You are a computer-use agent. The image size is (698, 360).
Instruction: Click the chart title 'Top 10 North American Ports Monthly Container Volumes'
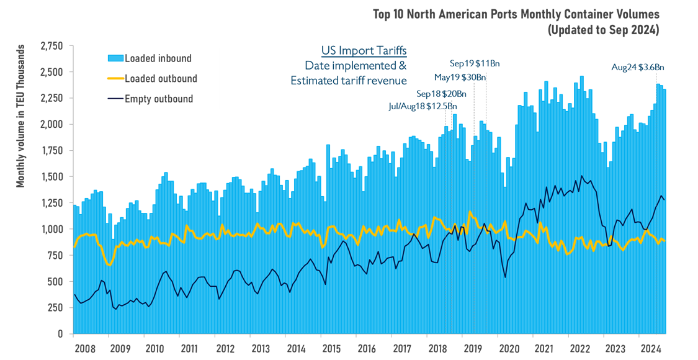tap(516, 14)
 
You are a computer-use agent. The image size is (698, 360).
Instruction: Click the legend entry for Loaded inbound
tap(158, 58)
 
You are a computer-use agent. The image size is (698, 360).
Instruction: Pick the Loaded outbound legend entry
tap(161, 79)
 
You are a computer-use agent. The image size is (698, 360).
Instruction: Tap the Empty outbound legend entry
tap(159, 99)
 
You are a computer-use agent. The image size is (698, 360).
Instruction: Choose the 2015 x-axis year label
tap(331, 348)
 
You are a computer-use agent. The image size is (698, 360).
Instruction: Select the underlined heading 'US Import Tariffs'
tap(364, 51)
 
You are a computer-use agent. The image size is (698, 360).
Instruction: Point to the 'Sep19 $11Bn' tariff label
tap(474, 63)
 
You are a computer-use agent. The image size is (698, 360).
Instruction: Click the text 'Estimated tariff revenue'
tap(348, 80)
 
